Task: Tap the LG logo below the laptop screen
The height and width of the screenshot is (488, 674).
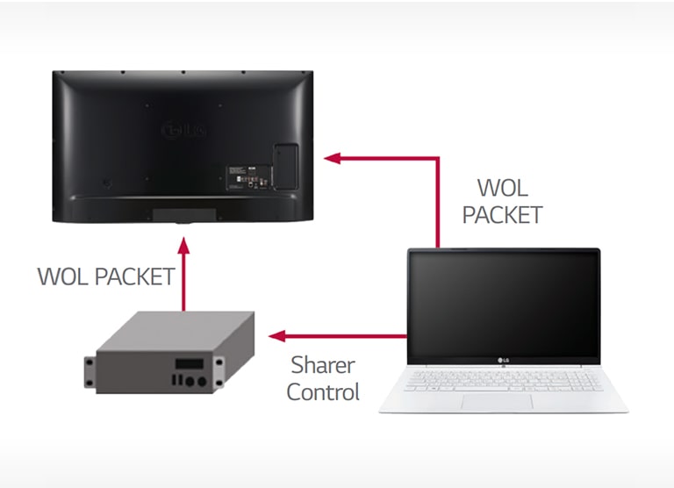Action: [x=504, y=358]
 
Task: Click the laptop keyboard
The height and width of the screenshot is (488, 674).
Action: [x=503, y=378]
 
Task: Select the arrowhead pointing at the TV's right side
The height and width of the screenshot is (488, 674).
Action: [x=332, y=158]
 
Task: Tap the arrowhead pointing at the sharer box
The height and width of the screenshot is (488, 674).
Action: [x=275, y=336]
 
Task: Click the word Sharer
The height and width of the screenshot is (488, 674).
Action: [x=322, y=364]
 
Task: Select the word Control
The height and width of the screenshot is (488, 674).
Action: [x=323, y=392]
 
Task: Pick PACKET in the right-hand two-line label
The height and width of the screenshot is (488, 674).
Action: [x=503, y=214]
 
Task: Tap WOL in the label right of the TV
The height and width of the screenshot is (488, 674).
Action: [x=503, y=188]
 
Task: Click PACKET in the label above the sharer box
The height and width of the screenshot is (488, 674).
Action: [x=134, y=276]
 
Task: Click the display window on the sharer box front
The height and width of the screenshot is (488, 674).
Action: [x=190, y=363]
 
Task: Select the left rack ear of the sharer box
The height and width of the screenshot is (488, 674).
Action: [x=90, y=370]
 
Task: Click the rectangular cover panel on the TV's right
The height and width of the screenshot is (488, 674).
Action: [x=285, y=164]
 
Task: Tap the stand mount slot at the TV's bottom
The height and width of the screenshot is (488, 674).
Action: [x=183, y=212]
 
